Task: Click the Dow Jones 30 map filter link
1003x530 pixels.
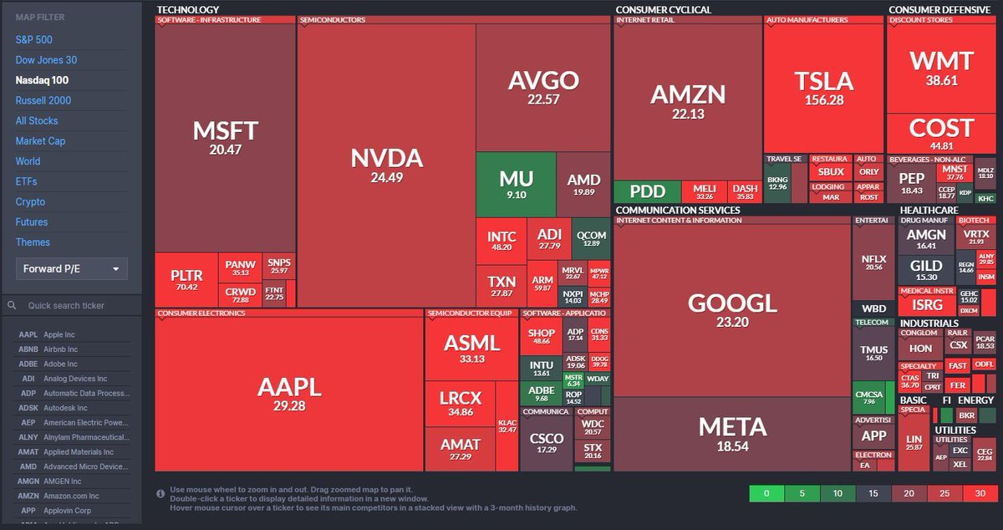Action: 46,60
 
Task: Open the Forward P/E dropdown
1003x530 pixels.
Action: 71,269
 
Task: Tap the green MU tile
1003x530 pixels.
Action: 516,185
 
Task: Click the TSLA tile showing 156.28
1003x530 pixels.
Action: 823,88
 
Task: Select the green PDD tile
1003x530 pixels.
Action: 646,191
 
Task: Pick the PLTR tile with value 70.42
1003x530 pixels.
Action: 185,280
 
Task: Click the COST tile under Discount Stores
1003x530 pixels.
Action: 941,134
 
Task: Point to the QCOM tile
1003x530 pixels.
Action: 591,239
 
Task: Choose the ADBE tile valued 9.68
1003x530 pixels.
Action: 541,394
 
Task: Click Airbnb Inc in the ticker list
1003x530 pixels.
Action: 60,349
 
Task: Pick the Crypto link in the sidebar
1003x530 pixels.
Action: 30,201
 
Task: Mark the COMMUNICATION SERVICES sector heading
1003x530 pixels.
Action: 678,210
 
